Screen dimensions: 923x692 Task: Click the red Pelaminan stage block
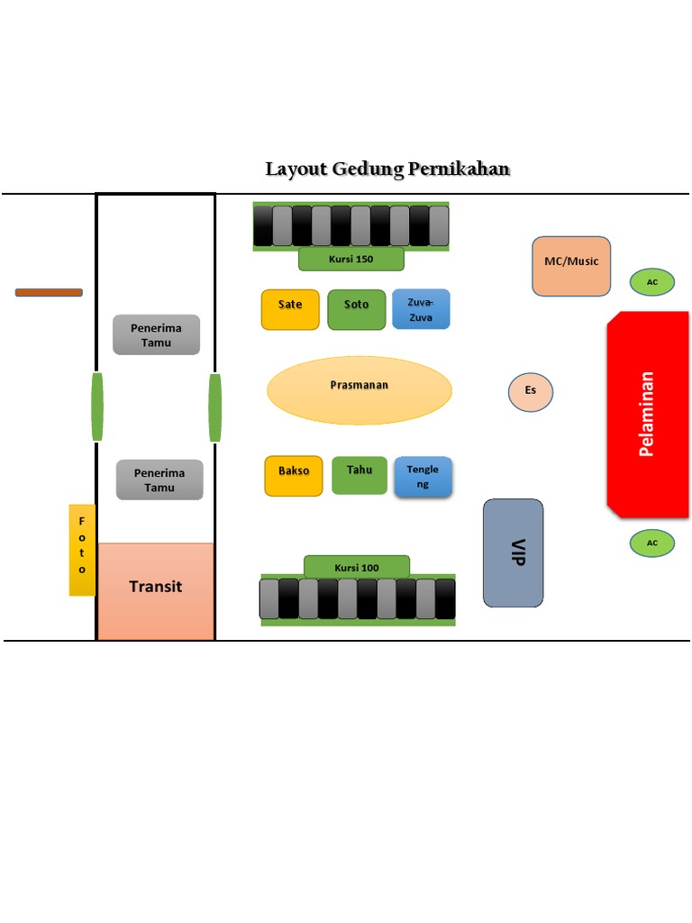tap(648, 415)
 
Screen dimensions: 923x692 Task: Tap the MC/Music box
tap(571, 266)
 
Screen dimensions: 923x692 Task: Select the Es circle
tap(531, 391)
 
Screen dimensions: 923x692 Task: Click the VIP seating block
tap(514, 553)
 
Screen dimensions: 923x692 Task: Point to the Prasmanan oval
tap(360, 390)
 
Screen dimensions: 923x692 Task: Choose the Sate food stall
tap(290, 309)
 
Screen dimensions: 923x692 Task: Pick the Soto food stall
tap(357, 309)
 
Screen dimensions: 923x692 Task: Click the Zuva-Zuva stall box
tap(421, 309)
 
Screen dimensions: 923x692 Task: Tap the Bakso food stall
tap(294, 476)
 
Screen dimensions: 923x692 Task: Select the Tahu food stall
tap(360, 475)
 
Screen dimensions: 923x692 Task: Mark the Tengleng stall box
tap(423, 477)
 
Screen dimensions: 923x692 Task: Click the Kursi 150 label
tap(351, 260)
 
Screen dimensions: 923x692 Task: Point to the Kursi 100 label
tap(357, 567)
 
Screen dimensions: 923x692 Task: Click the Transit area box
tap(156, 590)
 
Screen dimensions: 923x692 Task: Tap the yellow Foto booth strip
tap(82, 550)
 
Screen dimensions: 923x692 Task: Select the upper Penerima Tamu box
tap(156, 334)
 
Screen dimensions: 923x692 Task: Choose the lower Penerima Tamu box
tap(159, 480)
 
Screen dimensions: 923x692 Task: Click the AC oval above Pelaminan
tap(651, 282)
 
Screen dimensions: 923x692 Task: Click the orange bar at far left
tap(49, 292)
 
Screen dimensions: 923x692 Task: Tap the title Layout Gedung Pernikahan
tap(387, 169)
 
